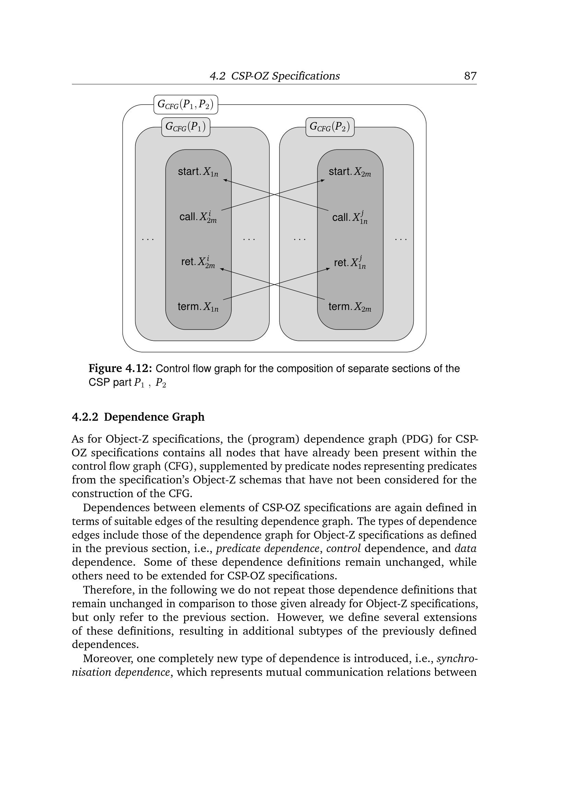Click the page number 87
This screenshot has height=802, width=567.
(470, 76)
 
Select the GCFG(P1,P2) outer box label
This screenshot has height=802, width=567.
(186, 105)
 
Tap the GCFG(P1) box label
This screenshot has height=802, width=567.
(186, 127)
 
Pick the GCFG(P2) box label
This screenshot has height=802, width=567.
(330, 127)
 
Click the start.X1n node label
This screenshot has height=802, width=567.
(198, 172)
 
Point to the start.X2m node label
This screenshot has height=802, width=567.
(349, 172)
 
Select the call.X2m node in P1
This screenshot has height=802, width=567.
(198, 217)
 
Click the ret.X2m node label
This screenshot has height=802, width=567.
(198, 262)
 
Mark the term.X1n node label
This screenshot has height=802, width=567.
(198, 307)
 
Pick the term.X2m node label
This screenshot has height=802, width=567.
(349, 307)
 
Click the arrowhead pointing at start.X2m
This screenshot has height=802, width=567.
(323, 180)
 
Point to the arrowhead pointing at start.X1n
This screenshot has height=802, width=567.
(225, 180)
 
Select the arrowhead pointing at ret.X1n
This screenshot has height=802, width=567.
(328, 268)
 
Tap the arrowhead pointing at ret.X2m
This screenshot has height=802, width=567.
(222, 268)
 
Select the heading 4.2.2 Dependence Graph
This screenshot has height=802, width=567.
(138, 417)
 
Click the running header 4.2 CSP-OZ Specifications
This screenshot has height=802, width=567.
(275, 76)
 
